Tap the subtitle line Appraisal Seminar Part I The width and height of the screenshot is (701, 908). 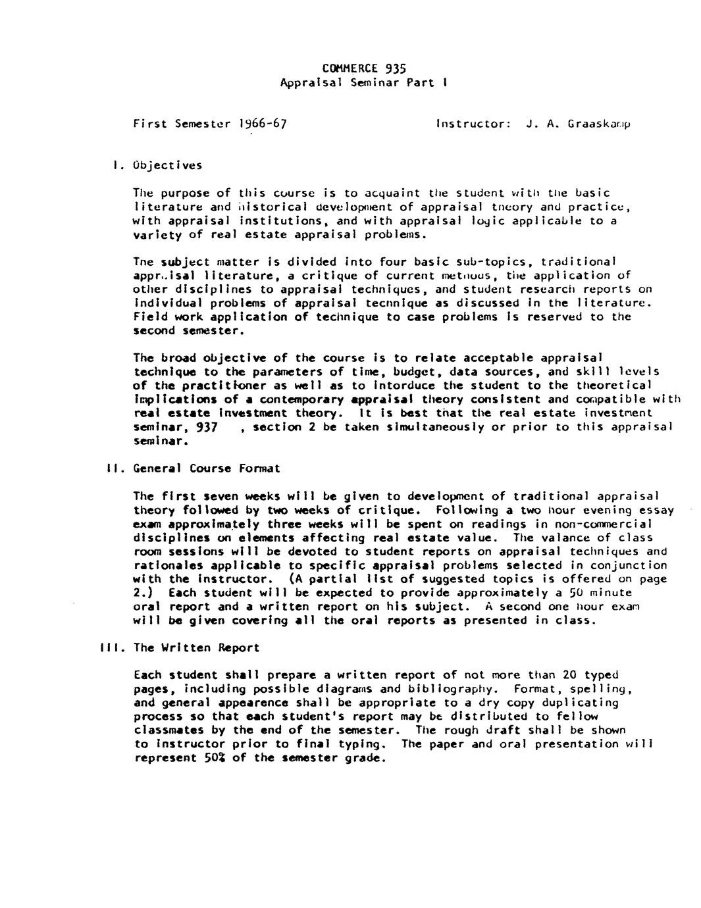tap(364, 83)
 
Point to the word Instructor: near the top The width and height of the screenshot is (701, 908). tap(473, 124)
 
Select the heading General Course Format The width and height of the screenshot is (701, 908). tap(206, 468)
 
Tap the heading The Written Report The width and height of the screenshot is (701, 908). tap(196, 647)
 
